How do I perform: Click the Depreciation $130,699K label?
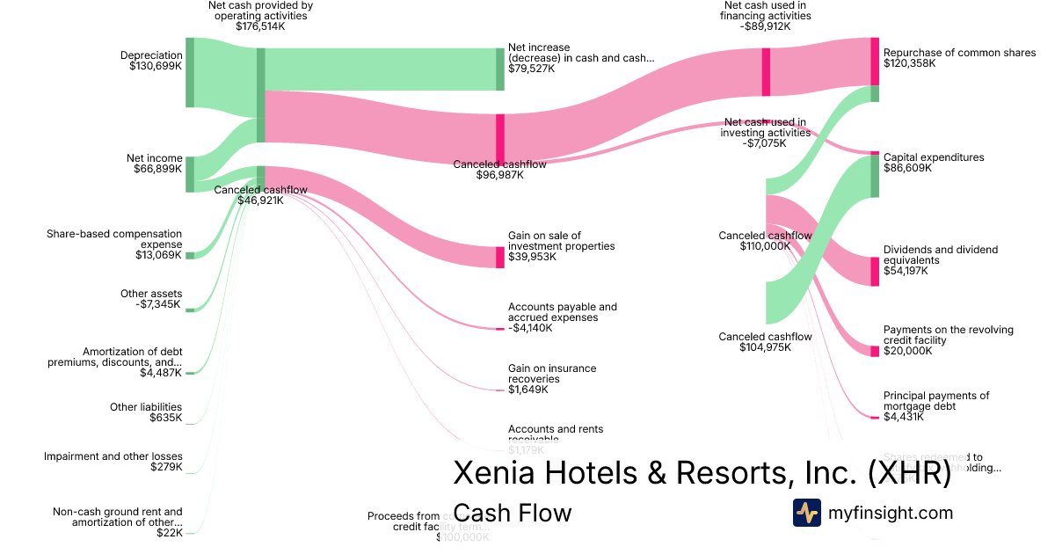151,61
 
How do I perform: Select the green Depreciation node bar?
189,72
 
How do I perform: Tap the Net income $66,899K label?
154,164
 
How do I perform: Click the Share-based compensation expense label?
114,244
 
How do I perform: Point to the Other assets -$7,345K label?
151,299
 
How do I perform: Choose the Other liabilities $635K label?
146,412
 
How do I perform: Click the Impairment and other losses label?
113,462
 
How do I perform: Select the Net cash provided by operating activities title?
260,16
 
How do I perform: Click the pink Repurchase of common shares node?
875,61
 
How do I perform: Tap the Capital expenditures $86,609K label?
933,163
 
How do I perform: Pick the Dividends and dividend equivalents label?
940,260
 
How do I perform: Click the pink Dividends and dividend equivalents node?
875,271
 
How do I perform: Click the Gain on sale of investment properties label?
561,246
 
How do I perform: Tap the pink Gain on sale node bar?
500,257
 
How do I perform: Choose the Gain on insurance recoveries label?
551,379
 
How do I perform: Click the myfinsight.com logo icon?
807,513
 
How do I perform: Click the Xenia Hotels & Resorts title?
702,473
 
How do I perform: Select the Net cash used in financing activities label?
765,16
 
